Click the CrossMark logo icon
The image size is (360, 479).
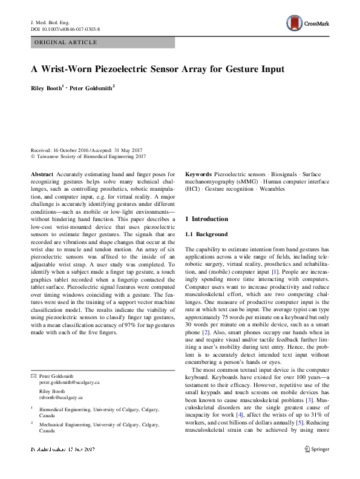(x=295, y=24)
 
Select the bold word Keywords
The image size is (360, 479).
(x=198, y=173)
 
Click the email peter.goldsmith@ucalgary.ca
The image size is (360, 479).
(x=68, y=383)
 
